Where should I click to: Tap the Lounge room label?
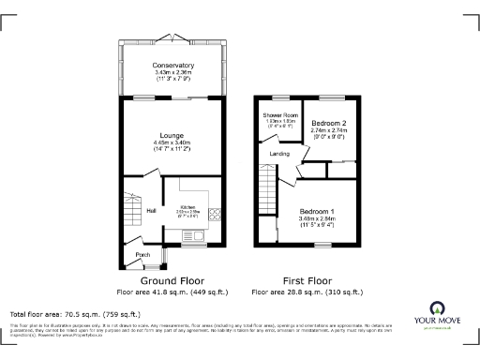pos(172,135)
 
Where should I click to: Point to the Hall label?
pos(151,211)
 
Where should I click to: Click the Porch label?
pos(143,254)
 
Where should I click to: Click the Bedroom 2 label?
pos(329,123)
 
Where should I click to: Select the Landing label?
pos(278,153)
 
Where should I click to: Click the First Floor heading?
pos(307,280)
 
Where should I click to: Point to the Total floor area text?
pos(75,314)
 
